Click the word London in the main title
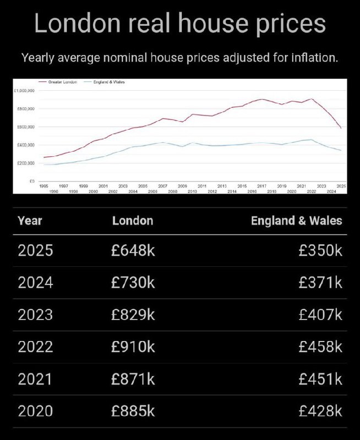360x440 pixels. click(77, 24)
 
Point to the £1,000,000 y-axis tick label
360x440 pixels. click(25, 90)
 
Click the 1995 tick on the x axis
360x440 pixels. click(44, 186)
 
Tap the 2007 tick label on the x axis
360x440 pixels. click(162, 186)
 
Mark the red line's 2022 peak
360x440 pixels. click(312, 99)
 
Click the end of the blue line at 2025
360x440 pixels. click(341, 150)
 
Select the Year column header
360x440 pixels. click(30, 221)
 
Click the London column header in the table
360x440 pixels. click(133, 221)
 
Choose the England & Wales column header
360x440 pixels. click(296, 221)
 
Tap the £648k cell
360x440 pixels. click(133, 251)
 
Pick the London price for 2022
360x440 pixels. click(133, 347)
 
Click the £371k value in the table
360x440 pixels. click(320, 283)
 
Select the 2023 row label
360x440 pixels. click(35, 315)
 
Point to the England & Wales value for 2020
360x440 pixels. click(320, 411)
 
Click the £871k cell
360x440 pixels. click(133, 379)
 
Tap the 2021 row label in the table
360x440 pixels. click(35, 379)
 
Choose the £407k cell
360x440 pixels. click(320, 315)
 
